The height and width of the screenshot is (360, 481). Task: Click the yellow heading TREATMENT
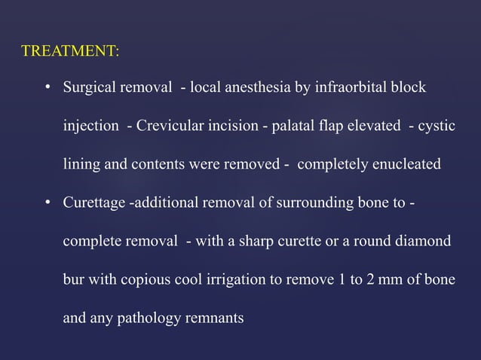point(70,52)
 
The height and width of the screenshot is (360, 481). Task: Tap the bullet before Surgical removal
point(46,88)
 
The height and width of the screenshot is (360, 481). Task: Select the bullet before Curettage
point(46,203)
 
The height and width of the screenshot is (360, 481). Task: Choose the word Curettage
point(94,203)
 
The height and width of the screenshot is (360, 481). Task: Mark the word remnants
point(213,319)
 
